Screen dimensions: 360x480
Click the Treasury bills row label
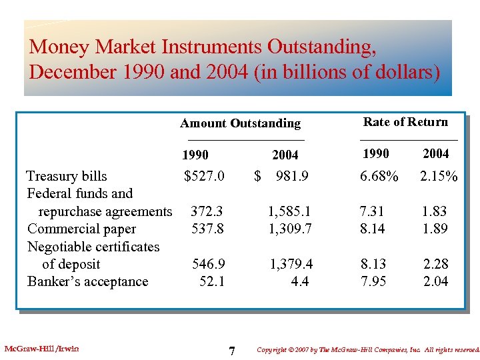(67, 176)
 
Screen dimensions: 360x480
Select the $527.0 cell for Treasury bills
(204, 176)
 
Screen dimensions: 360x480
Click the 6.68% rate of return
(379, 176)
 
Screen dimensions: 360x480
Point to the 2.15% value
(438, 176)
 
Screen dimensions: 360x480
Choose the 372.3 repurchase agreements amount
(207, 211)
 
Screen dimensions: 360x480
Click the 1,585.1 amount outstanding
(289, 211)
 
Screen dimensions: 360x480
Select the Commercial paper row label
(81, 229)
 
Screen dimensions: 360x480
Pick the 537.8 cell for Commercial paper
(207, 229)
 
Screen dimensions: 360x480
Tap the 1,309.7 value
(289, 229)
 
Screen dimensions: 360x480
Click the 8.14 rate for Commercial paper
(372, 229)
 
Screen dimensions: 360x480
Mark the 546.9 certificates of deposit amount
(208, 264)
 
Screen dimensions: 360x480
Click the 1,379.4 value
(291, 264)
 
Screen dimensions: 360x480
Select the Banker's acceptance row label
(87, 281)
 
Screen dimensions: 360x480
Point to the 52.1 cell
(212, 281)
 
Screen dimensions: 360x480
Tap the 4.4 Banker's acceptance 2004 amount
(300, 281)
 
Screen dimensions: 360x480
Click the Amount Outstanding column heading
(240, 123)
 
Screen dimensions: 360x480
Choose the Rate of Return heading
(405, 121)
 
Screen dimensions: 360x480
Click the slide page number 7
(231, 351)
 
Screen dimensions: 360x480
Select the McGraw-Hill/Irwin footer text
(41, 348)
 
